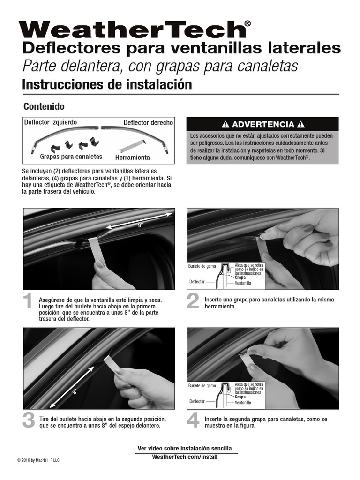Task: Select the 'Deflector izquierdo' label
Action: click(x=51, y=122)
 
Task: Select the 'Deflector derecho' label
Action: click(x=148, y=123)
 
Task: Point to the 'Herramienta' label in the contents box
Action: click(x=133, y=157)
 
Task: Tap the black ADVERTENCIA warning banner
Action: click(x=262, y=124)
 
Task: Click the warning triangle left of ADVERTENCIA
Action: click(x=225, y=124)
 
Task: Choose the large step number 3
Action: click(x=28, y=420)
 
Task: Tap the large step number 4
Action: click(x=193, y=420)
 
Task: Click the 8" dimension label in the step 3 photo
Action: click(x=75, y=392)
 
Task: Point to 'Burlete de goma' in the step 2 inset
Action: click(x=202, y=266)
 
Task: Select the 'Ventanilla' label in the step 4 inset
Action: click(x=243, y=403)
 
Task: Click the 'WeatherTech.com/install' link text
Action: click(x=185, y=457)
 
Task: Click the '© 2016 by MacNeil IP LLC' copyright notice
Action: click(x=38, y=460)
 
